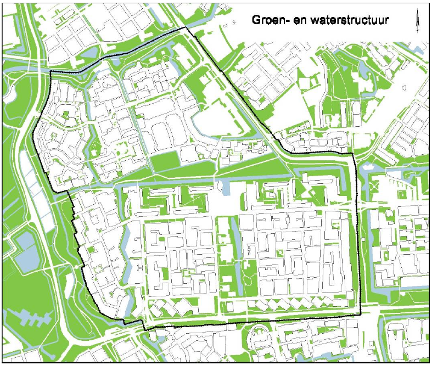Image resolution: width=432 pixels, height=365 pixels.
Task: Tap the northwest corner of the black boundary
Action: click(51, 71)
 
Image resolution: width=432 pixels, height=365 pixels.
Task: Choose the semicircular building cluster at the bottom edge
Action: click(259, 335)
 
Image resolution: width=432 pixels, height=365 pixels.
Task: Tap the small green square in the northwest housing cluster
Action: click(65, 114)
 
